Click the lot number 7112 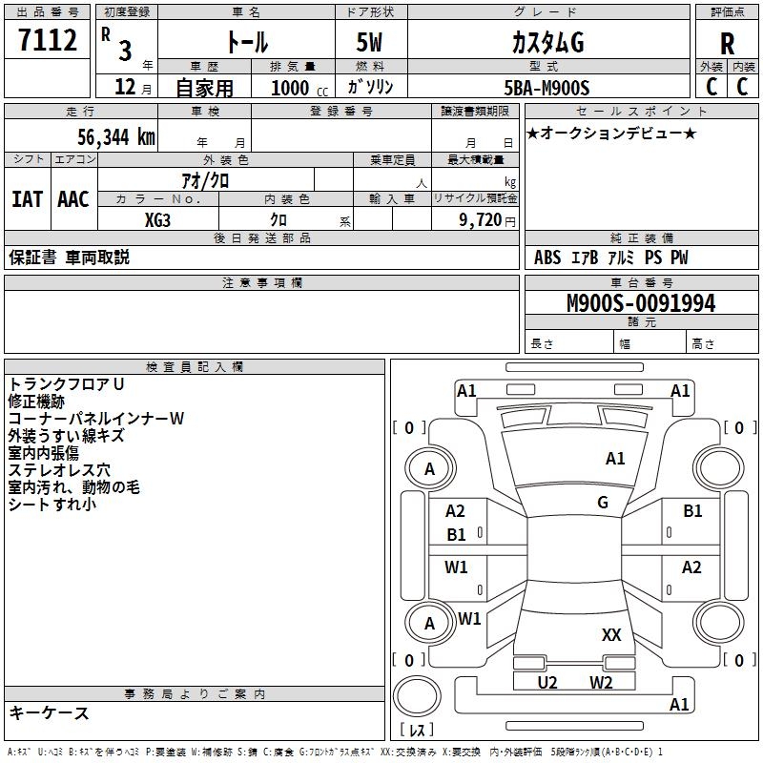click(48, 41)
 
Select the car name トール click(246, 42)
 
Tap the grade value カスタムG click(547, 42)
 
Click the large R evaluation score click(727, 44)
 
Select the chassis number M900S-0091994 click(640, 303)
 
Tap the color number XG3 click(158, 220)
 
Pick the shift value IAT click(27, 198)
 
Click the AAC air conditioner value click(73, 198)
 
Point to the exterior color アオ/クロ click(205, 179)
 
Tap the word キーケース click(50, 712)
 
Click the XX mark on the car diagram click(611, 634)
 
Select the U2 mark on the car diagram click(547, 682)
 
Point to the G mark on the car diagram click(603, 503)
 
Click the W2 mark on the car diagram click(601, 682)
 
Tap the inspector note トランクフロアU click(67, 384)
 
